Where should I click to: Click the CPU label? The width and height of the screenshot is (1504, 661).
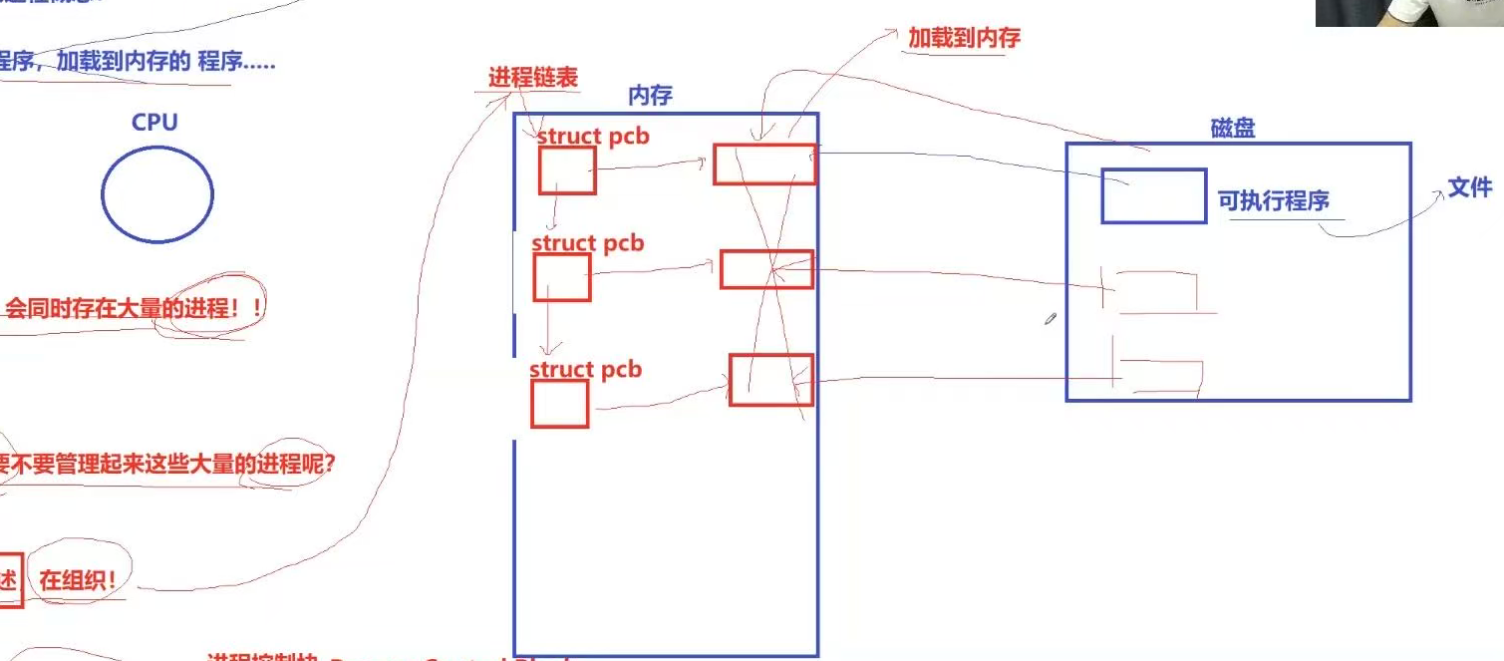[154, 123]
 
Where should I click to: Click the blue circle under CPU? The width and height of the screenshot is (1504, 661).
[157, 193]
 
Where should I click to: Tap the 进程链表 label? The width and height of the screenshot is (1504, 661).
[532, 78]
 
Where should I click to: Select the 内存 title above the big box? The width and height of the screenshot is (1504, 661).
[650, 96]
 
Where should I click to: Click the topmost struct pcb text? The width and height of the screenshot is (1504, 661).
[593, 137]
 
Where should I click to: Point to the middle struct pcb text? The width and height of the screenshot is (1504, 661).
[588, 243]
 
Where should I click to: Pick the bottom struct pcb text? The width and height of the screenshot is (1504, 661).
[586, 370]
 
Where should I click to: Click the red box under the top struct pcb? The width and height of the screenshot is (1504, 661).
[567, 170]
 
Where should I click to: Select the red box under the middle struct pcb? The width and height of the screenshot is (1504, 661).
[562, 277]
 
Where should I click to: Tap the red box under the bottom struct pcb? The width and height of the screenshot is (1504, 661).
[559, 404]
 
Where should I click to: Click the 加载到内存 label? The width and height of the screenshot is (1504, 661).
[964, 39]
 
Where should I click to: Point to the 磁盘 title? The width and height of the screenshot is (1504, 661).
[1233, 129]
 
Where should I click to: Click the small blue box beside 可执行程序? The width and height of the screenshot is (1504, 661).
[1154, 196]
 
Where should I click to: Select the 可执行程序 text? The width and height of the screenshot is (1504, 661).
[1274, 200]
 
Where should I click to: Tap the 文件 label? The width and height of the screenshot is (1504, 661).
[1470, 187]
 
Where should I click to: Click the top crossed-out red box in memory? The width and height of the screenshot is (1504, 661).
[764, 165]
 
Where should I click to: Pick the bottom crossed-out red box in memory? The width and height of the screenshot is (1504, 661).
[771, 380]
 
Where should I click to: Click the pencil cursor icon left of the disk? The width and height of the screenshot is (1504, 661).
[1051, 319]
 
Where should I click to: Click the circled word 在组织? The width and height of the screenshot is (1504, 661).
[79, 581]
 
